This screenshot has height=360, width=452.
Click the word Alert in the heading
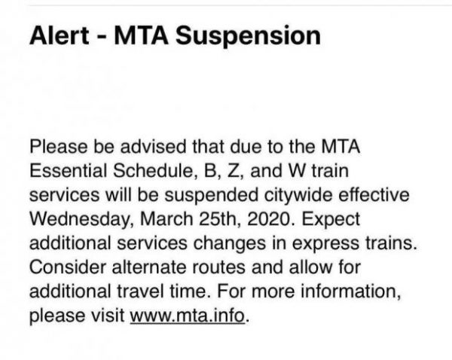click(60, 35)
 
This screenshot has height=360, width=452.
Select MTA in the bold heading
click(142, 35)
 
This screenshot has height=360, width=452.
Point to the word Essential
click(69, 170)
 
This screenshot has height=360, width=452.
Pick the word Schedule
click(153, 170)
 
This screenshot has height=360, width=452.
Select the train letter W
click(297, 170)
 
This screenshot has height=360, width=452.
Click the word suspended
click(211, 195)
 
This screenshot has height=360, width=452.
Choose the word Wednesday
click(81, 220)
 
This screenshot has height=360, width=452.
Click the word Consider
click(68, 267)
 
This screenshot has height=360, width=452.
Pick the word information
click(351, 291)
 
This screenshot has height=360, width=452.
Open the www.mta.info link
click(188, 316)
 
